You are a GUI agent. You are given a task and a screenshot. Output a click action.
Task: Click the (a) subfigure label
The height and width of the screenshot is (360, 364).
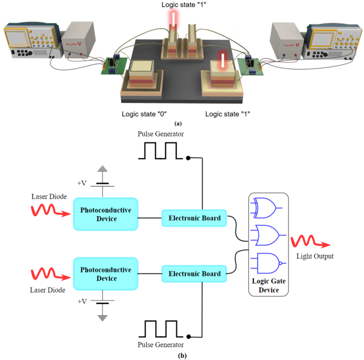182,123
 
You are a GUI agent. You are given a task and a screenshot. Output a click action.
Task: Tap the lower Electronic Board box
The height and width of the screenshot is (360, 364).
194,273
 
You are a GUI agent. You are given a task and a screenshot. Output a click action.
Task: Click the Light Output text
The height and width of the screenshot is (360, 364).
315,256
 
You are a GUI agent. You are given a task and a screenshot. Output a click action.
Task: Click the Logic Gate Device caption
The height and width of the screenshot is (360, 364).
267,285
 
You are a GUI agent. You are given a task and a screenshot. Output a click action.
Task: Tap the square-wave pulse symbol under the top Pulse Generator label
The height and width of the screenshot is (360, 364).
161,151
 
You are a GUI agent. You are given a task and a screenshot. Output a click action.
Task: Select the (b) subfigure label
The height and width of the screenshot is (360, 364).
182,355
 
